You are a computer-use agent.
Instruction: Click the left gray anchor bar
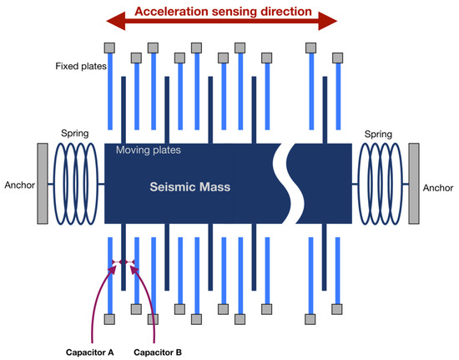(x=42, y=184)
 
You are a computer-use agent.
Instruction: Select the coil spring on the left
(x=77, y=184)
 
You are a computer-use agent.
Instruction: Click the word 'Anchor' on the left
(x=18, y=185)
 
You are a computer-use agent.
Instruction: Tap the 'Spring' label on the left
(x=75, y=133)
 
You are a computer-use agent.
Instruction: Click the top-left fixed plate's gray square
(x=109, y=48)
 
